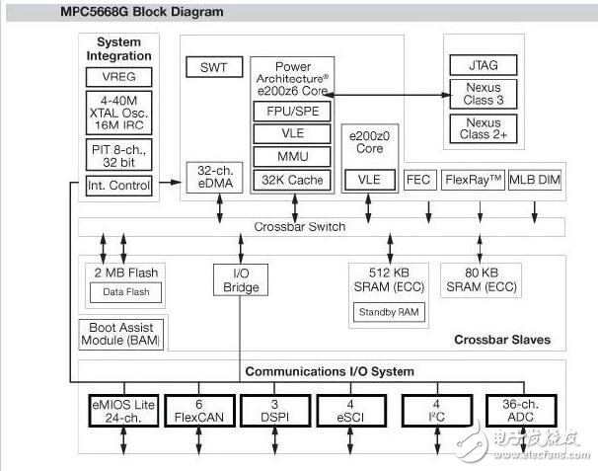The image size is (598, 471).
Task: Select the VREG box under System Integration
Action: (119, 76)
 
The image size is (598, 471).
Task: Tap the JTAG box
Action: (483, 64)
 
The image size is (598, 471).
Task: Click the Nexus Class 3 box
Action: (483, 95)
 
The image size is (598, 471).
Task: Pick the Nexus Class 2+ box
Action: (483, 128)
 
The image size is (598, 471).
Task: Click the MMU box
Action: (292, 156)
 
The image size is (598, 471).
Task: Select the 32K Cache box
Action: (292, 180)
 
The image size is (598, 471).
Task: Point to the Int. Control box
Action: (119, 185)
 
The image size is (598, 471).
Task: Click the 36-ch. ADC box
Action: (521, 410)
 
